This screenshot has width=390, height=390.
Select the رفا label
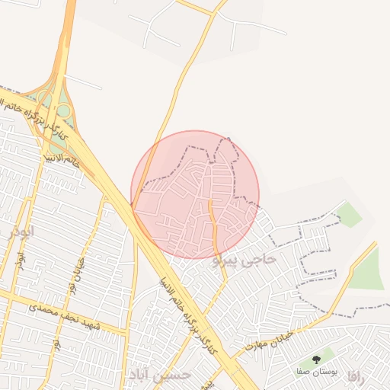[x=356, y=376]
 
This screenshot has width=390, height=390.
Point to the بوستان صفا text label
[x=316, y=372]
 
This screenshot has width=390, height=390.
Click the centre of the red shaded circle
[x=195, y=195]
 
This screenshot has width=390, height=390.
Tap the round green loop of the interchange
[x=64, y=112]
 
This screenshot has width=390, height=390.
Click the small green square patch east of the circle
[x=349, y=215]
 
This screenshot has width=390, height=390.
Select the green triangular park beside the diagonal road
[x=369, y=270]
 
